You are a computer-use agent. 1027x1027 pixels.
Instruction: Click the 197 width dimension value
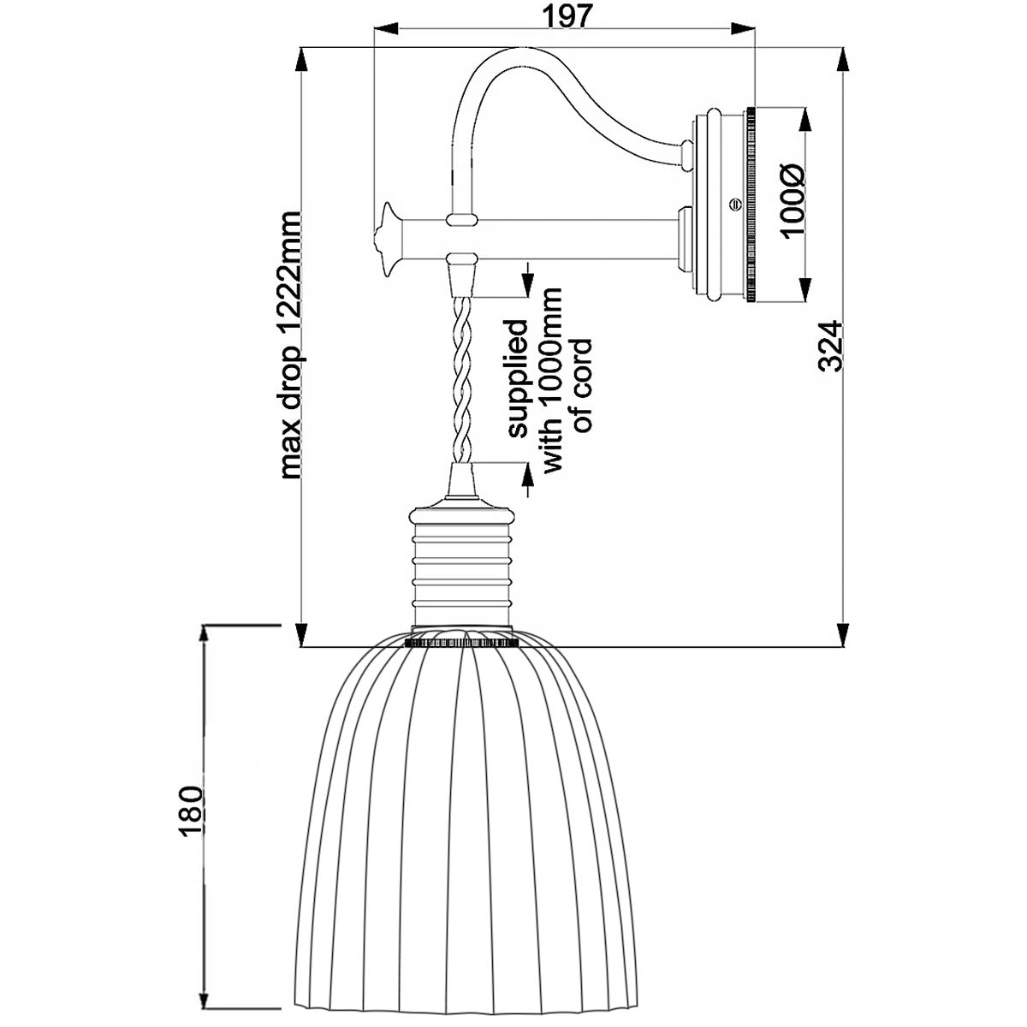pyautogui.click(x=567, y=17)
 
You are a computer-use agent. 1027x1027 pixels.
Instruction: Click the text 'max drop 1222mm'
pyautogui.click(x=292, y=344)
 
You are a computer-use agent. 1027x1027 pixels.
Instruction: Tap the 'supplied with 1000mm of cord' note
pyautogui.click(x=549, y=377)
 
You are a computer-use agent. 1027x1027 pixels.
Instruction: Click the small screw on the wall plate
pyautogui.click(x=732, y=205)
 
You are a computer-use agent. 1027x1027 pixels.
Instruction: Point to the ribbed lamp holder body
pyautogui.click(x=462, y=569)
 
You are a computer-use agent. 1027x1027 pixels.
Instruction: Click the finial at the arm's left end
pyautogui.click(x=385, y=239)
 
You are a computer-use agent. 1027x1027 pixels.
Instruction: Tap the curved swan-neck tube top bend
pyautogui.click(x=496, y=64)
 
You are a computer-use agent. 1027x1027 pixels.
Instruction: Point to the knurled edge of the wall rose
pyautogui.click(x=751, y=205)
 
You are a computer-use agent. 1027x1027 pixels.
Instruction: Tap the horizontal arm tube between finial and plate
pyautogui.click(x=565, y=240)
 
